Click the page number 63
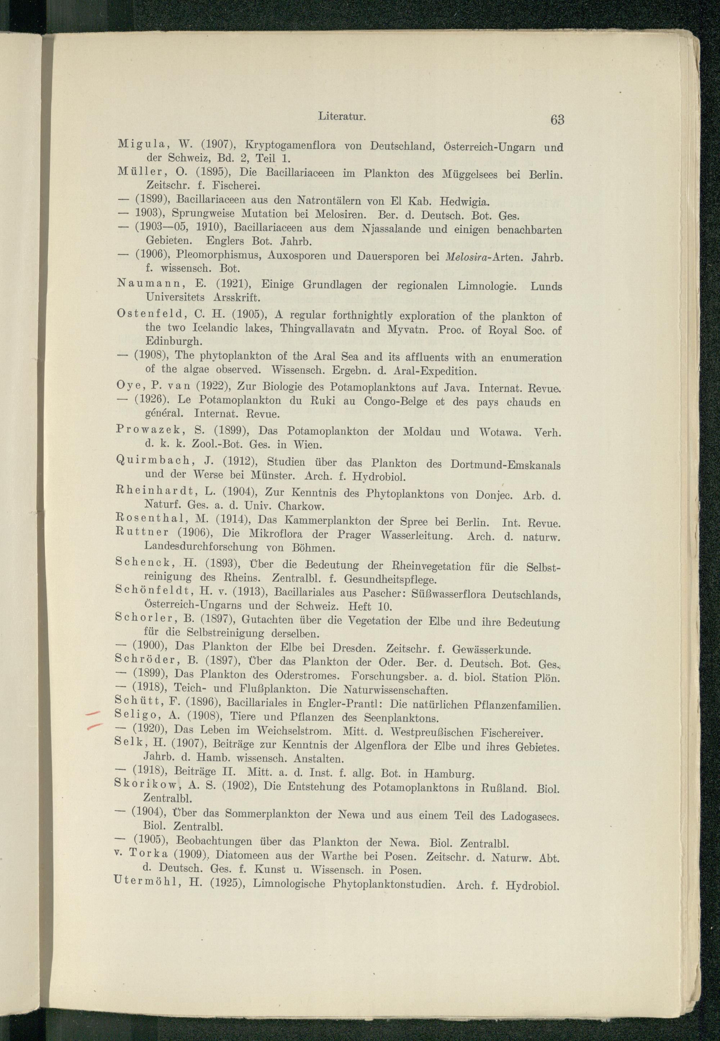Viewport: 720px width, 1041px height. (557, 120)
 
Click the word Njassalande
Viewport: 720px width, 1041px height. (391, 229)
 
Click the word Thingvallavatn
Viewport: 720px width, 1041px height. (319, 329)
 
